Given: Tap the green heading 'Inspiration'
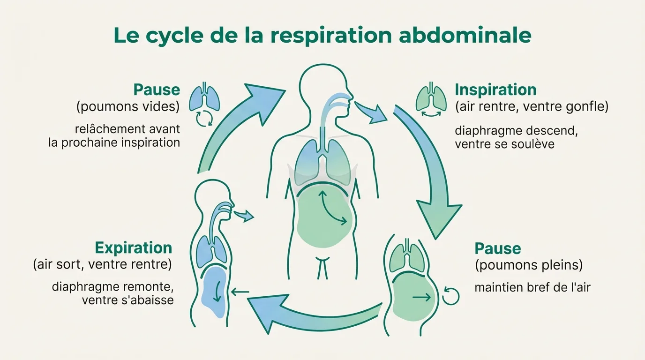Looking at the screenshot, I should coord(495,90).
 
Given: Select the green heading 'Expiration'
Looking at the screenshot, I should coord(134,247).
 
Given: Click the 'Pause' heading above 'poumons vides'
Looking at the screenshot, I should coord(157,90).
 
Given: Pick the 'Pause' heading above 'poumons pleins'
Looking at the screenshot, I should coord(498,248).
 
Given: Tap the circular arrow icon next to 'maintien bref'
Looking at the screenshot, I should coord(451,296).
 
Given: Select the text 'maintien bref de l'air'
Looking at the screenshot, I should coord(532,287).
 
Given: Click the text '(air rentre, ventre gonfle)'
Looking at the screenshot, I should coord(532,107).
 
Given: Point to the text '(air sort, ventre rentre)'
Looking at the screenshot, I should coord(102,264).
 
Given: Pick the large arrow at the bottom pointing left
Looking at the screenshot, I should coord(309,314).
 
